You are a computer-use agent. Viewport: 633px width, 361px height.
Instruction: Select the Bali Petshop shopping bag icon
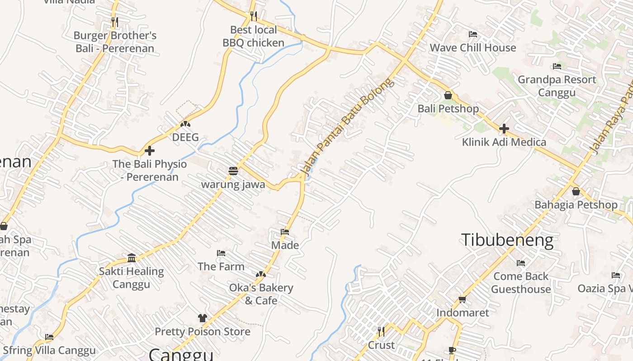coord(448,95)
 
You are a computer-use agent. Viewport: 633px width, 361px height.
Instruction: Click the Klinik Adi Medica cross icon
coord(504,129)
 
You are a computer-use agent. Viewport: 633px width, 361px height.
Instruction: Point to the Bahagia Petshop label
coord(576,205)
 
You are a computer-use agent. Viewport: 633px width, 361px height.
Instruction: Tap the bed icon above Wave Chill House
coord(473,34)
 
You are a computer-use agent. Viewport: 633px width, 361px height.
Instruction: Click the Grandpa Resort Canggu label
coord(557,86)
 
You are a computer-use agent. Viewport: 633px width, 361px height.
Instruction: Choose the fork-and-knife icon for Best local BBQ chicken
coord(254,16)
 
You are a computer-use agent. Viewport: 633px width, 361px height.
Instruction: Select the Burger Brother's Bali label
coord(115,42)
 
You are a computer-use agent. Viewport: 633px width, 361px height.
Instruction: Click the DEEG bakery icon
coord(185,124)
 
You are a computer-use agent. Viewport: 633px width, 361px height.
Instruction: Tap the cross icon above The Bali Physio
coord(150,151)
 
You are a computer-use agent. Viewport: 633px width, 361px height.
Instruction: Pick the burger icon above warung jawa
coord(233,171)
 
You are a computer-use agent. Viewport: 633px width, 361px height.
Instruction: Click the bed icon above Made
coord(285,232)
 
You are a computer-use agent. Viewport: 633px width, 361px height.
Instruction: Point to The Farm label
coord(221,267)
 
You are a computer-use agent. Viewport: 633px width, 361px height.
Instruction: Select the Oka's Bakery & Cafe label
coord(261,294)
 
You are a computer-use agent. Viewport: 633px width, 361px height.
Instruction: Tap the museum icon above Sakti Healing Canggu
coord(132,258)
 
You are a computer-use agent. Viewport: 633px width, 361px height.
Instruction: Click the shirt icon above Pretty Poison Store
coord(203,318)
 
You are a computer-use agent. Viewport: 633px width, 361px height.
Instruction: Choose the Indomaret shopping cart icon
coord(463,299)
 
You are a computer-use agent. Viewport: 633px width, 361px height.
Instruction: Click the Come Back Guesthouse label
coord(521,282)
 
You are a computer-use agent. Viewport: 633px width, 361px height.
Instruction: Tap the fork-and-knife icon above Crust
coord(381,332)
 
